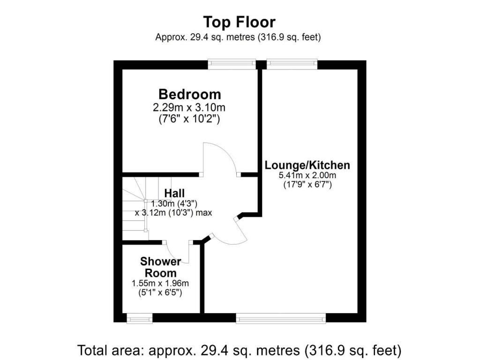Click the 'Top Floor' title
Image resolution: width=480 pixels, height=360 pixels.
(x=239, y=22)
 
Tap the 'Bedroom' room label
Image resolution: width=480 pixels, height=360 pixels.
(x=189, y=94)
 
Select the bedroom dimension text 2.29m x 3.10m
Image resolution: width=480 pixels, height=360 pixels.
(x=189, y=108)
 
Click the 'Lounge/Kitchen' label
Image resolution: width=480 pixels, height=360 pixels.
(x=307, y=165)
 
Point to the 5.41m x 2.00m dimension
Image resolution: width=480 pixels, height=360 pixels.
(x=307, y=175)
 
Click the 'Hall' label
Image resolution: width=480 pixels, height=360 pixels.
(x=174, y=193)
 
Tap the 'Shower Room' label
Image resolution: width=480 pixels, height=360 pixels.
(x=160, y=267)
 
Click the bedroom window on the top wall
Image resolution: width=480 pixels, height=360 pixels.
(x=232, y=64)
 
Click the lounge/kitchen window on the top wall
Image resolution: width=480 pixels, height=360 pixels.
(x=292, y=64)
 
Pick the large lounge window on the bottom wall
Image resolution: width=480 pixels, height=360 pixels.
(x=281, y=318)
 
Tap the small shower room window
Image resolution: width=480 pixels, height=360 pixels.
(x=140, y=318)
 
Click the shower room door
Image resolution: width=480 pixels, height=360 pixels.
(x=178, y=253)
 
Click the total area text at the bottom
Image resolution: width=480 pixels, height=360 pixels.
(x=239, y=350)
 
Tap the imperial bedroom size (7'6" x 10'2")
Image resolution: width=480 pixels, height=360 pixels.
(x=189, y=120)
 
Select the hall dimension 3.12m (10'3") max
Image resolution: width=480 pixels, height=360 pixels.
(x=174, y=212)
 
